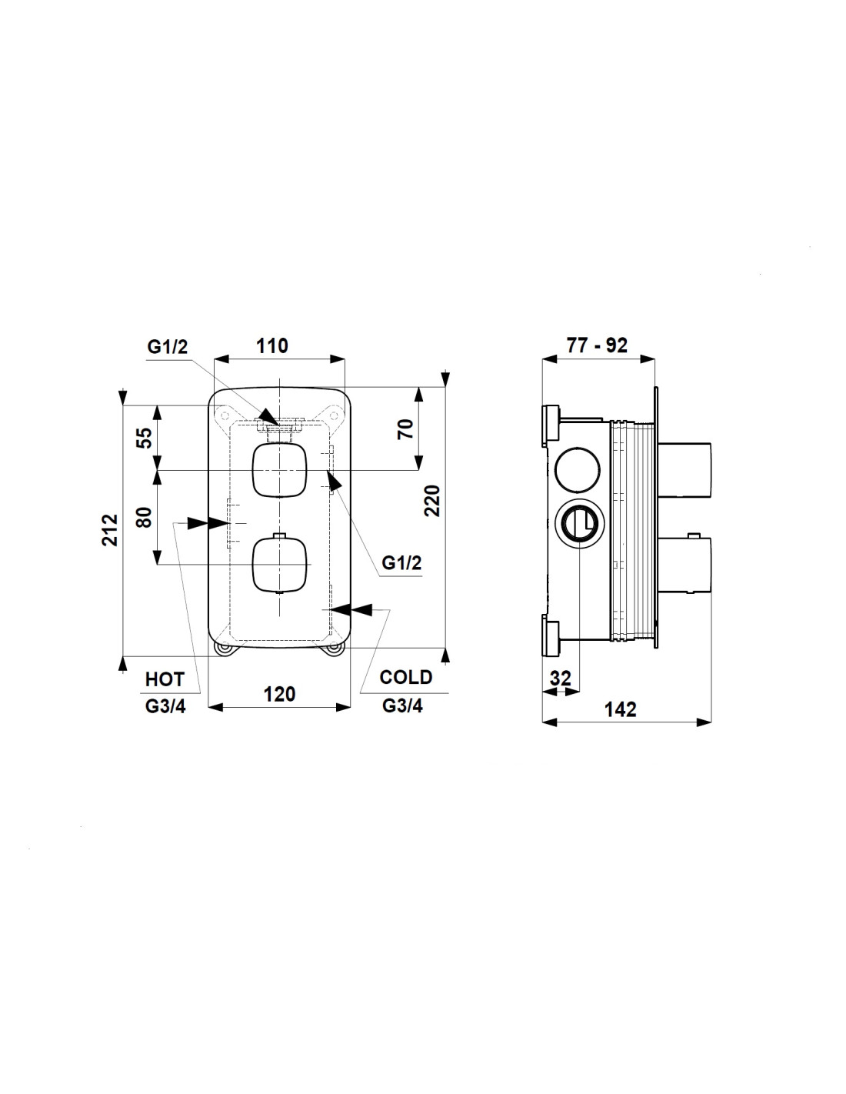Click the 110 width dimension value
click(x=272, y=346)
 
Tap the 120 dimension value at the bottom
click(x=279, y=694)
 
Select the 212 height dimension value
click(x=110, y=530)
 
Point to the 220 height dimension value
click(x=432, y=500)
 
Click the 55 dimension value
click(x=145, y=438)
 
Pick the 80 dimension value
click(x=145, y=517)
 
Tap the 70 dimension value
click(x=405, y=429)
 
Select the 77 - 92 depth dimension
click(x=597, y=345)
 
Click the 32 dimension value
click(x=561, y=678)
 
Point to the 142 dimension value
click(x=620, y=709)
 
